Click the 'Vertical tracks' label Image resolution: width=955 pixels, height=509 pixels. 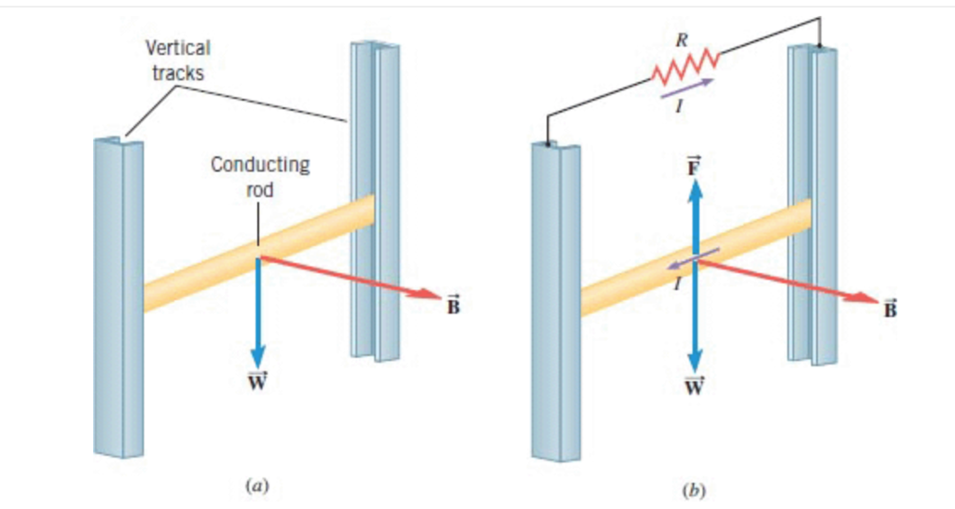[x=177, y=60]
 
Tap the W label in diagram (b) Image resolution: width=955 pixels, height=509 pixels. [x=695, y=385]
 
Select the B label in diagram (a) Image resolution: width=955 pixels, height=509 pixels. [x=453, y=307]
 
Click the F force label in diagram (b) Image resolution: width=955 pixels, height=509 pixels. [x=694, y=168]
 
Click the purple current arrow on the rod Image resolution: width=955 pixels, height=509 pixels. [x=692, y=259]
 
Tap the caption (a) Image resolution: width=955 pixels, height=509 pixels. [x=256, y=484]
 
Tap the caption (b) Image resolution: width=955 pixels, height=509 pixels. [x=694, y=488]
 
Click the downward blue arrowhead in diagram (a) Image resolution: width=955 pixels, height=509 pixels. [x=257, y=357]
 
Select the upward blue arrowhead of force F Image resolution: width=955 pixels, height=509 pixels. [x=695, y=189]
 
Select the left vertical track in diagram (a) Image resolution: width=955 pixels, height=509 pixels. [x=118, y=298]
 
